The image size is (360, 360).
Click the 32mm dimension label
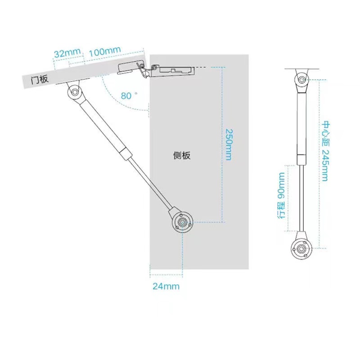click(x=65, y=53)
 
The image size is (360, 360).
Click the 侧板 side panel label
click(x=182, y=156)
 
